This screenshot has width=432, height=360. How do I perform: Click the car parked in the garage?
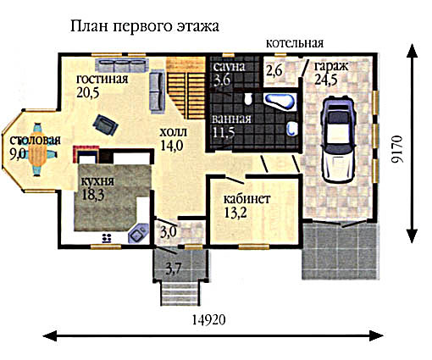[x=338, y=140]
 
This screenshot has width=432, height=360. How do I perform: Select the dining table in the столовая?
[x=36, y=149]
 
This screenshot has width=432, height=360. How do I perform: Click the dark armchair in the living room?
[x=105, y=125]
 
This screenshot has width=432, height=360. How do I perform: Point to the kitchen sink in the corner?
[x=138, y=233]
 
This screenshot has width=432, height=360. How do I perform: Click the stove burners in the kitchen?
[x=107, y=238]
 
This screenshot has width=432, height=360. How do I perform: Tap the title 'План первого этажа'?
[x=144, y=26]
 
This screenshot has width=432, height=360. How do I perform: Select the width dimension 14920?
[x=209, y=320]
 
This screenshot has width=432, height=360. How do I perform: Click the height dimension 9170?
[x=397, y=149]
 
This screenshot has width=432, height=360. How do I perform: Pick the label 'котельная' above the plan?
[x=295, y=43]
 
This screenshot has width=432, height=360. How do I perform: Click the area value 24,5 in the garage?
[x=325, y=80]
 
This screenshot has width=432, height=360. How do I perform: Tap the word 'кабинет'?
[x=246, y=199]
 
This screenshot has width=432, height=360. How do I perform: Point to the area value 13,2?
[x=235, y=213]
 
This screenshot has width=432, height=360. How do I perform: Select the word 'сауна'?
[x=229, y=67]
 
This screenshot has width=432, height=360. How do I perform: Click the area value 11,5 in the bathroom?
[x=224, y=133]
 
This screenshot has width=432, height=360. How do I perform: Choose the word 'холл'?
[x=173, y=132]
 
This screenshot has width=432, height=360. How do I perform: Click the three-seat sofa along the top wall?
[x=122, y=65]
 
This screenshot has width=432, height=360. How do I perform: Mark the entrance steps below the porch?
[x=180, y=294]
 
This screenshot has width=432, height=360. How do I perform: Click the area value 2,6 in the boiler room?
[x=274, y=70]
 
